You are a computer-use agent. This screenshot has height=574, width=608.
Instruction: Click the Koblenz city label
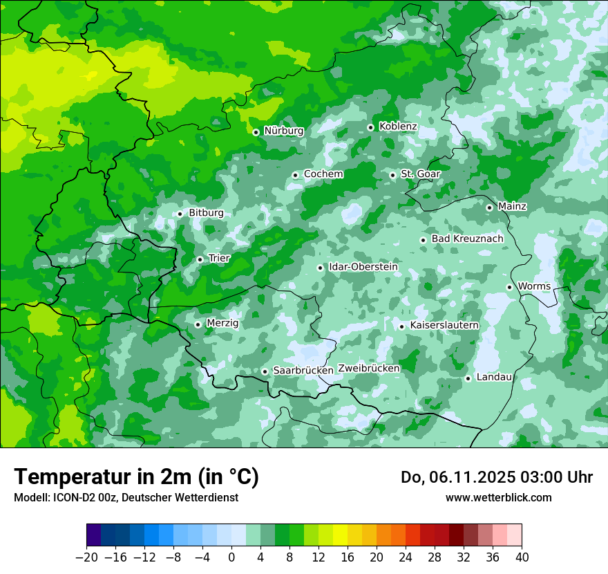pyautogui.click(x=398, y=127)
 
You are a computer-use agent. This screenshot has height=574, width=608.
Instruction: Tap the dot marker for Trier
pyautogui.click(x=200, y=259)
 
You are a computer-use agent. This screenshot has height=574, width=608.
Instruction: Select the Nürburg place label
pyautogui.click(x=284, y=131)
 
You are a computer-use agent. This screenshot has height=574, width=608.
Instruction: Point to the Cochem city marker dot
pyautogui.click(x=295, y=175)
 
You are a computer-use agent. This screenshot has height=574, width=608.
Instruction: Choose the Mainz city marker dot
pyautogui.click(x=489, y=207)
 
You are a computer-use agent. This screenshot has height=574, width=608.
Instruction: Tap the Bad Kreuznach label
pyautogui.click(x=467, y=239)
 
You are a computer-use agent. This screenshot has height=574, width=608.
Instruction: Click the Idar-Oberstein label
pyautogui.click(x=363, y=267)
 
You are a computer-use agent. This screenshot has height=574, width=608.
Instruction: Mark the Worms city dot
pyautogui.click(x=509, y=287)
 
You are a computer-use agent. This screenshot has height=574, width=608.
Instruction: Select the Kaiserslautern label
pyautogui.click(x=444, y=325)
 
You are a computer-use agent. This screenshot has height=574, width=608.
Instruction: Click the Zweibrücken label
pyautogui.click(x=369, y=369)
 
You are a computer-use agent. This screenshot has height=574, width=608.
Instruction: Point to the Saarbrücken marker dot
pyautogui.click(x=265, y=371)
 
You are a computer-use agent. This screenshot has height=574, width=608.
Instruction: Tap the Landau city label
pyautogui.click(x=494, y=377)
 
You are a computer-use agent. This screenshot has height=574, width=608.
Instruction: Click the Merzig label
pyautogui.click(x=222, y=323)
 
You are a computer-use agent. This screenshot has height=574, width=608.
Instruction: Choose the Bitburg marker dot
pyautogui.click(x=180, y=214)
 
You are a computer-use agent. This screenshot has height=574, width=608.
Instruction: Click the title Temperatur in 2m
pyautogui.click(x=136, y=477)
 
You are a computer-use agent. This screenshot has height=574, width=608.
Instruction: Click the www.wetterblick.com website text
pyautogui.click(x=498, y=498)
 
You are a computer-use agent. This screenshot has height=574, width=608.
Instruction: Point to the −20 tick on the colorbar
pyautogui.click(x=86, y=557)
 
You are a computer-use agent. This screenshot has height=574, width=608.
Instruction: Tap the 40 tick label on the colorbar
pyautogui.click(x=522, y=557)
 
